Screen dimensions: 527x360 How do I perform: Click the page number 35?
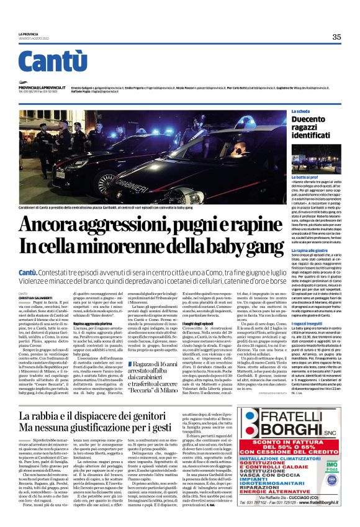tap(336, 37)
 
